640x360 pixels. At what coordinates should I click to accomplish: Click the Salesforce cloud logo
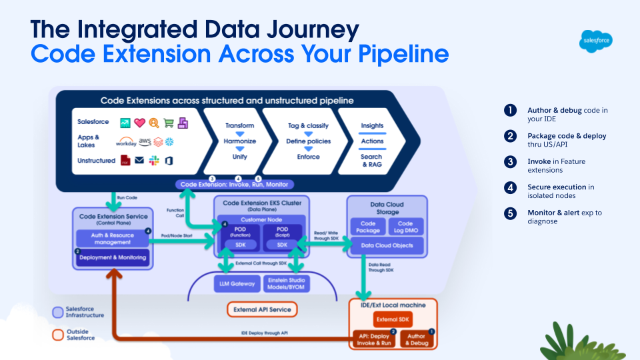tap(596, 41)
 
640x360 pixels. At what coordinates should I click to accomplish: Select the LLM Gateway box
tap(237, 283)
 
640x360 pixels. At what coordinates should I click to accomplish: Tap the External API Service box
tap(262, 310)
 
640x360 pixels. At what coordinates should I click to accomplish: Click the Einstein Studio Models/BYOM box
tap(287, 283)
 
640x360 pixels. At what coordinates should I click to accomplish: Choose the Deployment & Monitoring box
tap(112, 257)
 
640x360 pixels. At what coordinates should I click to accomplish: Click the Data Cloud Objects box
tap(387, 246)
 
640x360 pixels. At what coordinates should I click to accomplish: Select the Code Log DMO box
tap(405, 227)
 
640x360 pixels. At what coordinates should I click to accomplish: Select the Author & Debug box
tap(417, 339)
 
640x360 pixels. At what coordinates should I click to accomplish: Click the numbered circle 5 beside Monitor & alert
tap(511, 213)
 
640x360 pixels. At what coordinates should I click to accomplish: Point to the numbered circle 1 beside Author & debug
tap(511, 111)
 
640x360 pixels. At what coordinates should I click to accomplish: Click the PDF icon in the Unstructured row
tap(124, 161)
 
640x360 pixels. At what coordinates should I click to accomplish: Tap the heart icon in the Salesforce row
tap(139, 123)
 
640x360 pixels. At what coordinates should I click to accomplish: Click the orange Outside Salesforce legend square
tap(57, 333)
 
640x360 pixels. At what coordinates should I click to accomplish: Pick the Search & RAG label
tap(371, 160)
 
